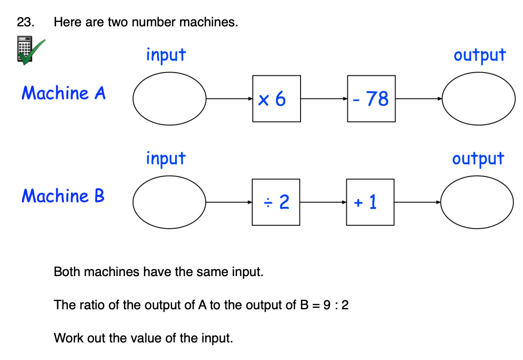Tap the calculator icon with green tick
pos(28,50)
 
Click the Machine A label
pos(63,93)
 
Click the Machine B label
pos(63,196)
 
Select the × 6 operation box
pos(276,99)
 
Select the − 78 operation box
pos(371,99)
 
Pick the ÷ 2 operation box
pos(276,202)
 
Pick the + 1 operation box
pos(370,202)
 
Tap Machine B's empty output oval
pos(477,201)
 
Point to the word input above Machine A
pos(166,55)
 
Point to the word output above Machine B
pos(478,159)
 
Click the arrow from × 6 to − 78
pos(324,99)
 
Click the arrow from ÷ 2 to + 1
pos(323,202)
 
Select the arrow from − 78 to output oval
pos(419,99)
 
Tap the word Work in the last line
pos(66,338)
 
